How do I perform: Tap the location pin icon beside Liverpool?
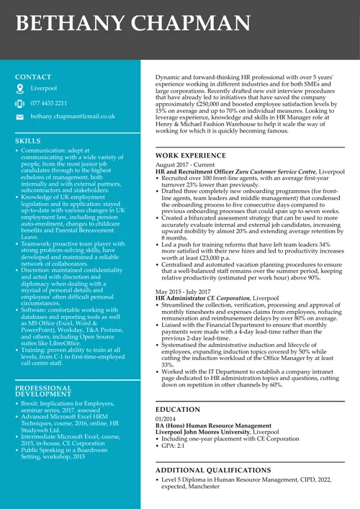tap(20, 89)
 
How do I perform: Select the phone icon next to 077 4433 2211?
tap(20, 103)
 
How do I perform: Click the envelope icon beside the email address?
tap(20, 116)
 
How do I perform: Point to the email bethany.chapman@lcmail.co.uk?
tap(73, 116)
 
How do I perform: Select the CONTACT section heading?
tap(33, 77)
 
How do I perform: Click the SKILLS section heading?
tap(28, 141)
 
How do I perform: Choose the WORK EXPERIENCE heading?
tap(191, 156)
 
